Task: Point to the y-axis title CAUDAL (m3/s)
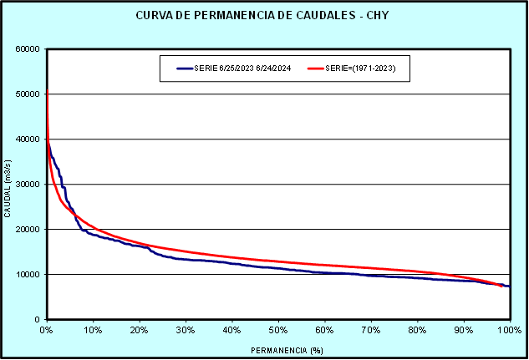(8, 185)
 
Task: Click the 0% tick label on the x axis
(47, 330)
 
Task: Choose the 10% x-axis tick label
(93, 330)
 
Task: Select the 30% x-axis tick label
(186, 330)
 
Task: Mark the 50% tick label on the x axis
(278, 330)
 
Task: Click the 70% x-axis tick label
(371, 330)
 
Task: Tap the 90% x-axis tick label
(463, 330)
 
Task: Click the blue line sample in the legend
(184, 68)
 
